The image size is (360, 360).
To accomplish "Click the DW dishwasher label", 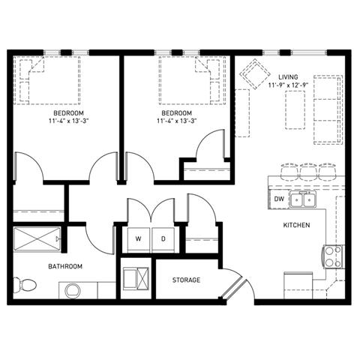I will [278, 199].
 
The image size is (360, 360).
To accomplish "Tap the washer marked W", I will [138, 239].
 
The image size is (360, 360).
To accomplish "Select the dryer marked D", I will [162, 239].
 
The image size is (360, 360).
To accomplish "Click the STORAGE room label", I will [186, 280].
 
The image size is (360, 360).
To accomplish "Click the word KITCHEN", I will [296, 225].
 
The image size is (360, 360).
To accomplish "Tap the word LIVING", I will [288, 77].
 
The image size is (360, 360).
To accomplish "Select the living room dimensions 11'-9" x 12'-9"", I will [288, 86].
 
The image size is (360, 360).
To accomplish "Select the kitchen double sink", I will [303, 199].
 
